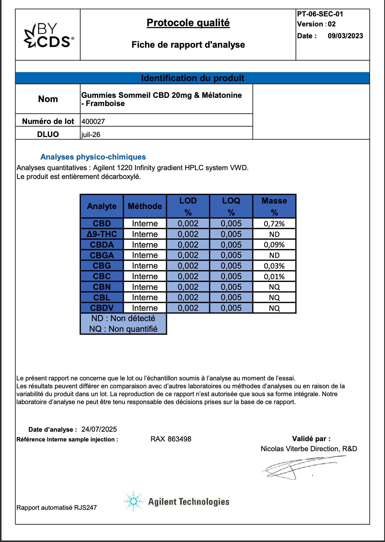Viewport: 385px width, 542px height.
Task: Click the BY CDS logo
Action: pos(49,35)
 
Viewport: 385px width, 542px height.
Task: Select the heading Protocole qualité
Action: pos(188,23)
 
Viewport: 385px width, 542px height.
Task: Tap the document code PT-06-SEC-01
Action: pos(320,14)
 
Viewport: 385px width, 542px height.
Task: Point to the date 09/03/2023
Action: pos(345,36)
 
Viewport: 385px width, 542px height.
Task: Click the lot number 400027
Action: pos(93,122)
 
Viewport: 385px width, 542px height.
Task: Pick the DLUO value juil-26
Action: pos(91,135)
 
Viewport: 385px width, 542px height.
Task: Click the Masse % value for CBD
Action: pos(274,224)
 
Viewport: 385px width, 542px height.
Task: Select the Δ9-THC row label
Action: pos(102,234)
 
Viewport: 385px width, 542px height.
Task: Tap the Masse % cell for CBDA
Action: pos(274,245)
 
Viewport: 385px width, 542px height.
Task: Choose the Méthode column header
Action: pos(145,206)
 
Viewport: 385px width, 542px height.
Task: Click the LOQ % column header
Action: pos(231,206)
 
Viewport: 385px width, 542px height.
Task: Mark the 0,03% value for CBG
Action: pos(274,266)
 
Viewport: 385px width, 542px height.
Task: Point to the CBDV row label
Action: pos(102,308)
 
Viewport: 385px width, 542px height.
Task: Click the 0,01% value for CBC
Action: pos(274,277)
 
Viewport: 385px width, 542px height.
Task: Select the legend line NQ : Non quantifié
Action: pos(123,329)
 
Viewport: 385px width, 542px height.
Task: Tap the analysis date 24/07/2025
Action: pos(99,429)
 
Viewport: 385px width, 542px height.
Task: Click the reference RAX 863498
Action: pos(171,439)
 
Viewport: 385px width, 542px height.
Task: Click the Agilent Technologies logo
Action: pos(176,501)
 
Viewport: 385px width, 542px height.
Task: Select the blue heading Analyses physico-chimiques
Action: pos(93,157)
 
